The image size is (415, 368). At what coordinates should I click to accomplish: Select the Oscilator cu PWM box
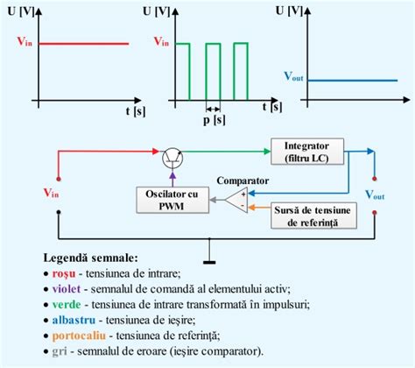point(172,199)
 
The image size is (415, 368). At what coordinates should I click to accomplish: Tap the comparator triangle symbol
point(232,201)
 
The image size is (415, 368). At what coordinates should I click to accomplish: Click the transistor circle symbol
point(172,157)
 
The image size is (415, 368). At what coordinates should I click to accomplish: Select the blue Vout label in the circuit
point(374,193)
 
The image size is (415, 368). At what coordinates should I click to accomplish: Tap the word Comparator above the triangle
point(241,180)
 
